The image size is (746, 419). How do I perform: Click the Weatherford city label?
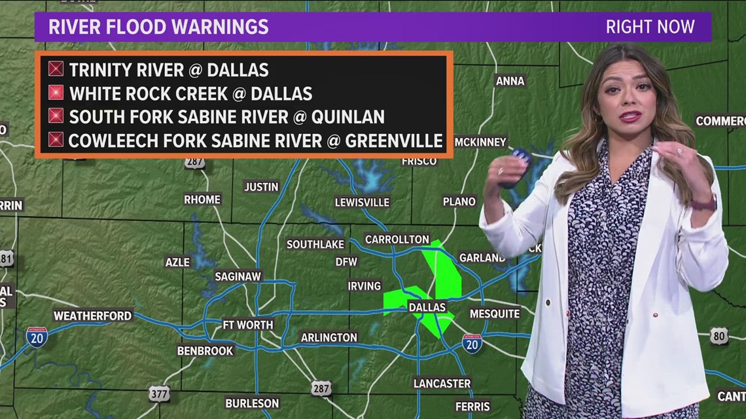tap(92, 316)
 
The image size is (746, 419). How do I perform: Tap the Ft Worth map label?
tap(248, 325)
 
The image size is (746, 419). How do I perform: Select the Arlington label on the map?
tap(329, 338)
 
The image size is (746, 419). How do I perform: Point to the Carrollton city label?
tap(397, 239)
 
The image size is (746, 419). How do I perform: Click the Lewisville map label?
tap(362, 202)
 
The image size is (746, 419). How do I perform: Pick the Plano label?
tap(459, 201)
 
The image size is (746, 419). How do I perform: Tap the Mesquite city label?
tap(494, 314)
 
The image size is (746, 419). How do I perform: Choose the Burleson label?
tap(252, 403)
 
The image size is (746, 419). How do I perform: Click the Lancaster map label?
tap(442, 383)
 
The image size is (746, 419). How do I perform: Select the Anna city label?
tap(510, 81)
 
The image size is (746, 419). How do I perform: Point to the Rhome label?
tap(202, 199)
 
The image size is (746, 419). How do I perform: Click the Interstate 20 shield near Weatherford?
tap(37, 336)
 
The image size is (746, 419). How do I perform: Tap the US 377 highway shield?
tap(159, 393)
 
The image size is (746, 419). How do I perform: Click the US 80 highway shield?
tap(719, 336)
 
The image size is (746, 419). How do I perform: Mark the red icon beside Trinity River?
tap(56, 69)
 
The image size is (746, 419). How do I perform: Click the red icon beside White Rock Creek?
tap(56, 93)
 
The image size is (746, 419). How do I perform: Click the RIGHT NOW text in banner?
tap(649, 27)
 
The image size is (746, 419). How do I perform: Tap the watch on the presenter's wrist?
tap(704, 203)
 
